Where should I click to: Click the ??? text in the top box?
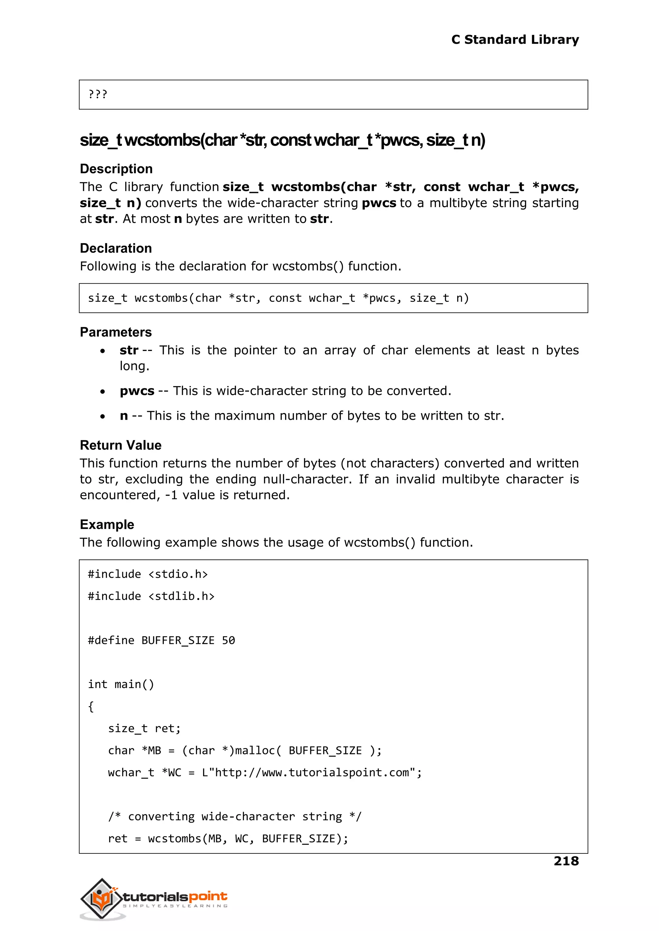click(x=97, y=95)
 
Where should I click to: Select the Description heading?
click(x=116, y=169)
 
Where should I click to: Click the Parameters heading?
click(x=116, y=332)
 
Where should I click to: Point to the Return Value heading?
click(x=121, y=446)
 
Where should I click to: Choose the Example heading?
click(x=107, y=524)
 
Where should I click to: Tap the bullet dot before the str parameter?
click(x=103, y=351)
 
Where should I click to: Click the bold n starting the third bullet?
click(x=124, y=416)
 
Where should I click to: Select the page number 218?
click(x=566, y=861)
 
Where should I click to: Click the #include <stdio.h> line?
click(x=148, y=575)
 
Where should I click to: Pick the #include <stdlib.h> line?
click(x=151, y=596)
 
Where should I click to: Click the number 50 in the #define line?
click(x=228, y=641)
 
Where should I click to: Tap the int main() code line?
click(x=121, y=684)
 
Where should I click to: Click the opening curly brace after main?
click(x=91, y=707)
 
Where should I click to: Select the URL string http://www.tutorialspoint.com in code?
click(x=312, y=773)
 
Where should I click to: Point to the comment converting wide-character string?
click(x=235, y=816)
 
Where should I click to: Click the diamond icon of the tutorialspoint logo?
click(x=101, y=898)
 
